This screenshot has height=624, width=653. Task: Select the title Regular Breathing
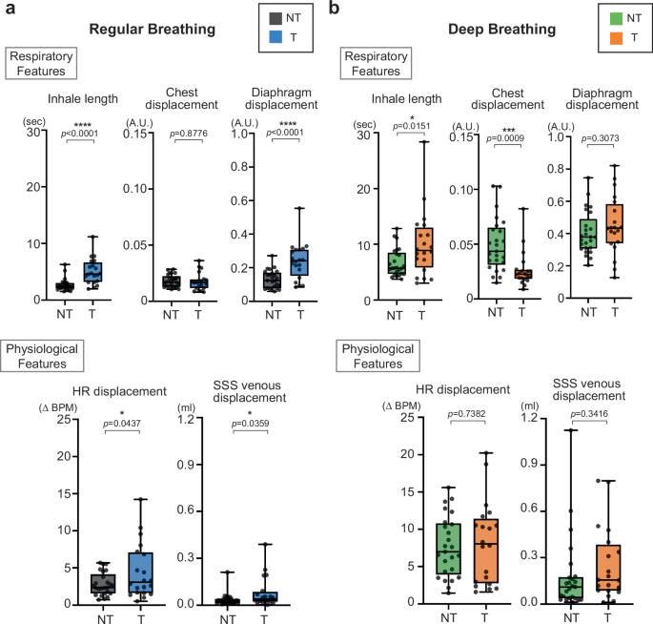150,29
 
